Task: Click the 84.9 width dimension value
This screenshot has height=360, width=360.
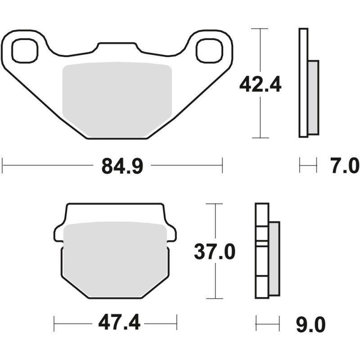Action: pos(122,166)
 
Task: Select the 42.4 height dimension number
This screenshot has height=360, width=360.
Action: pos(260,84)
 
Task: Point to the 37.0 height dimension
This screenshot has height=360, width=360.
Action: pos(215,252)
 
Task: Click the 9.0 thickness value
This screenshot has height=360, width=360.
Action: pos(310,324)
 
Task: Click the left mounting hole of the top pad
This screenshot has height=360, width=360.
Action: pos(25,50)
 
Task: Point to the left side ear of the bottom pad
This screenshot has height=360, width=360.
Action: pos(59,234)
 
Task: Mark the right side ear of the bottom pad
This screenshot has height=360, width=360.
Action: pos(171,234)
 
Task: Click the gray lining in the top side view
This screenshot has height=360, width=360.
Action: pos(313,98)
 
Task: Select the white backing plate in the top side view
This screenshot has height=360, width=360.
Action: pos(304,83)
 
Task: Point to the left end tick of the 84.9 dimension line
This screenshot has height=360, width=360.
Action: pos(3,165)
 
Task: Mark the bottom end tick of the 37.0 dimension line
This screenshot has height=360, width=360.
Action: pos(215,298)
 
